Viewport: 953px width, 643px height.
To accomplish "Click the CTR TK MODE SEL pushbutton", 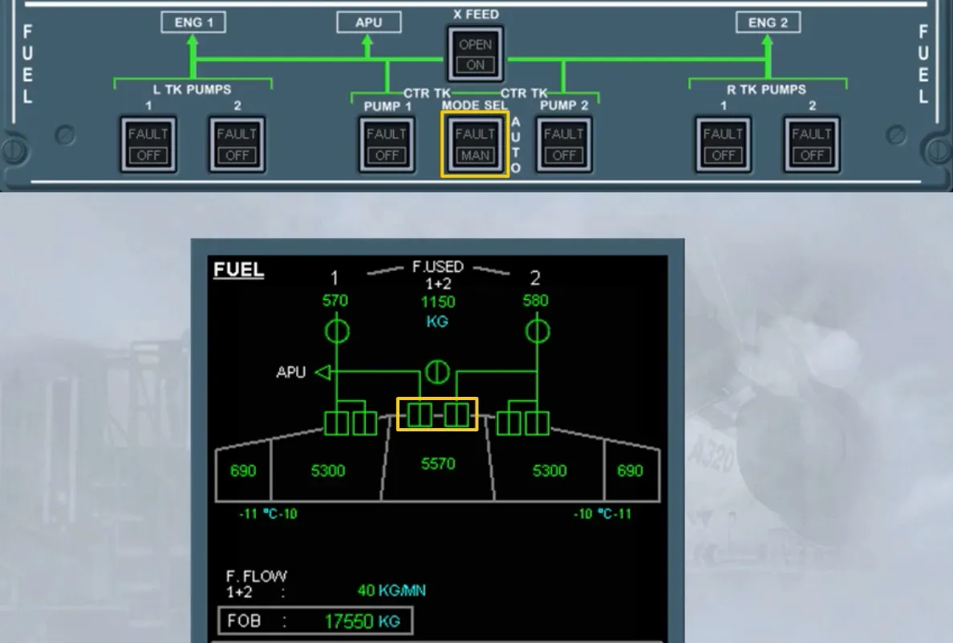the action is pyautogui.click(x=475, y=144).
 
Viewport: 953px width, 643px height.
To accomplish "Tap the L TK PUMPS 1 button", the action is pyautogui.click(x=148, y=144).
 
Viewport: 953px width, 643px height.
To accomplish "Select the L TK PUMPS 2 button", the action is pyautogui.click(x=237, y=144).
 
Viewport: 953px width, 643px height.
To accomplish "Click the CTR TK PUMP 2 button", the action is pyautogui.click(x=564, y=144).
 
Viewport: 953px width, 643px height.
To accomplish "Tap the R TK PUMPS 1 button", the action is pyautogui.click(x=724, y=144).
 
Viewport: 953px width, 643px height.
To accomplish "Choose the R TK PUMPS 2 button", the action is pyautogui.click(x=812, y=144).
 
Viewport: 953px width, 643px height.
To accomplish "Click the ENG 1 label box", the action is pyautogui.click(x=193, y=22).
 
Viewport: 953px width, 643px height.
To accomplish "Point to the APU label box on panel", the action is pyautogui.click(x=369, y=22).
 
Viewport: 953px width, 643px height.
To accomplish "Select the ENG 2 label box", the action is pyautogui.click(x=768, y=22).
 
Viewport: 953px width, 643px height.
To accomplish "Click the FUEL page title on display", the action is pyautogui.click(x=239, y=269).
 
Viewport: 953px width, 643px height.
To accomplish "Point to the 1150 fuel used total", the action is pyautogui.click(x=438, y=301).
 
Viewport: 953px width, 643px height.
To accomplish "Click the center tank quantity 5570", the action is pyautogui.click(x=438, y=464).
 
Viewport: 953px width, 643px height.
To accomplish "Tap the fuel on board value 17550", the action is pyautogui.click(x=349, y=621).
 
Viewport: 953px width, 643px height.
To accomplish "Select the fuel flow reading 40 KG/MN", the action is pyautogui.click(x=391, y=590).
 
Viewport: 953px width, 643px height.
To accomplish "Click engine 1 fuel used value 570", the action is pyautogui.click(x=335, y=301).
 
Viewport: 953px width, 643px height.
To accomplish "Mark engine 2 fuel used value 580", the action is pyautogui.click(x=535, y=301).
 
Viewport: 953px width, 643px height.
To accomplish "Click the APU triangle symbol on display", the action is pyautogui.click(x=323, y=372).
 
